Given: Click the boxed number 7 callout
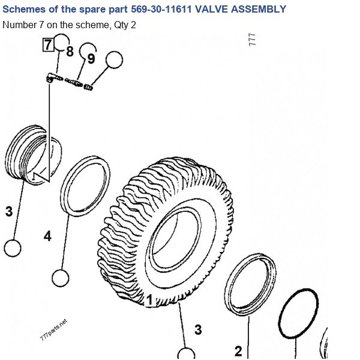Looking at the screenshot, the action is click(x=48, y=45).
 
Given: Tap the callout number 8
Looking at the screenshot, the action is click(x=70, y=51).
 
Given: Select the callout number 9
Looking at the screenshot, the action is click(x=91, y=59).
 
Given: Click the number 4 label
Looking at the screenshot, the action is click(x=47, y=236).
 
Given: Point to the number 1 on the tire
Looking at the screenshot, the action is click(x=149, y=299).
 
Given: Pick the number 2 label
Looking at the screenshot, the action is click(x=238, y=351).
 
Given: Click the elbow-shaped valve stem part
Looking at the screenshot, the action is click(x=54, y=77).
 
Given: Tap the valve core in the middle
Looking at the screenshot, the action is click(x=73, y=82).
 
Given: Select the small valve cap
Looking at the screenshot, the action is click(x=88, y=87).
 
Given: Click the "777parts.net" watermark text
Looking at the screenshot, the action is click(x=54, y=329).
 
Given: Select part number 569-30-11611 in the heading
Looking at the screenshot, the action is click(x=161, y=9).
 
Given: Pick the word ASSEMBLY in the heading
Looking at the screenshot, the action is click(x=259, y=9).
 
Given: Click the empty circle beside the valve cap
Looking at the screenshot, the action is click(x=114, y=59).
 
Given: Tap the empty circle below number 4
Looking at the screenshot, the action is click(x=61, y=278).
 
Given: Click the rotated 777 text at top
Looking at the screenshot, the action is click(x=252, y=40).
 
